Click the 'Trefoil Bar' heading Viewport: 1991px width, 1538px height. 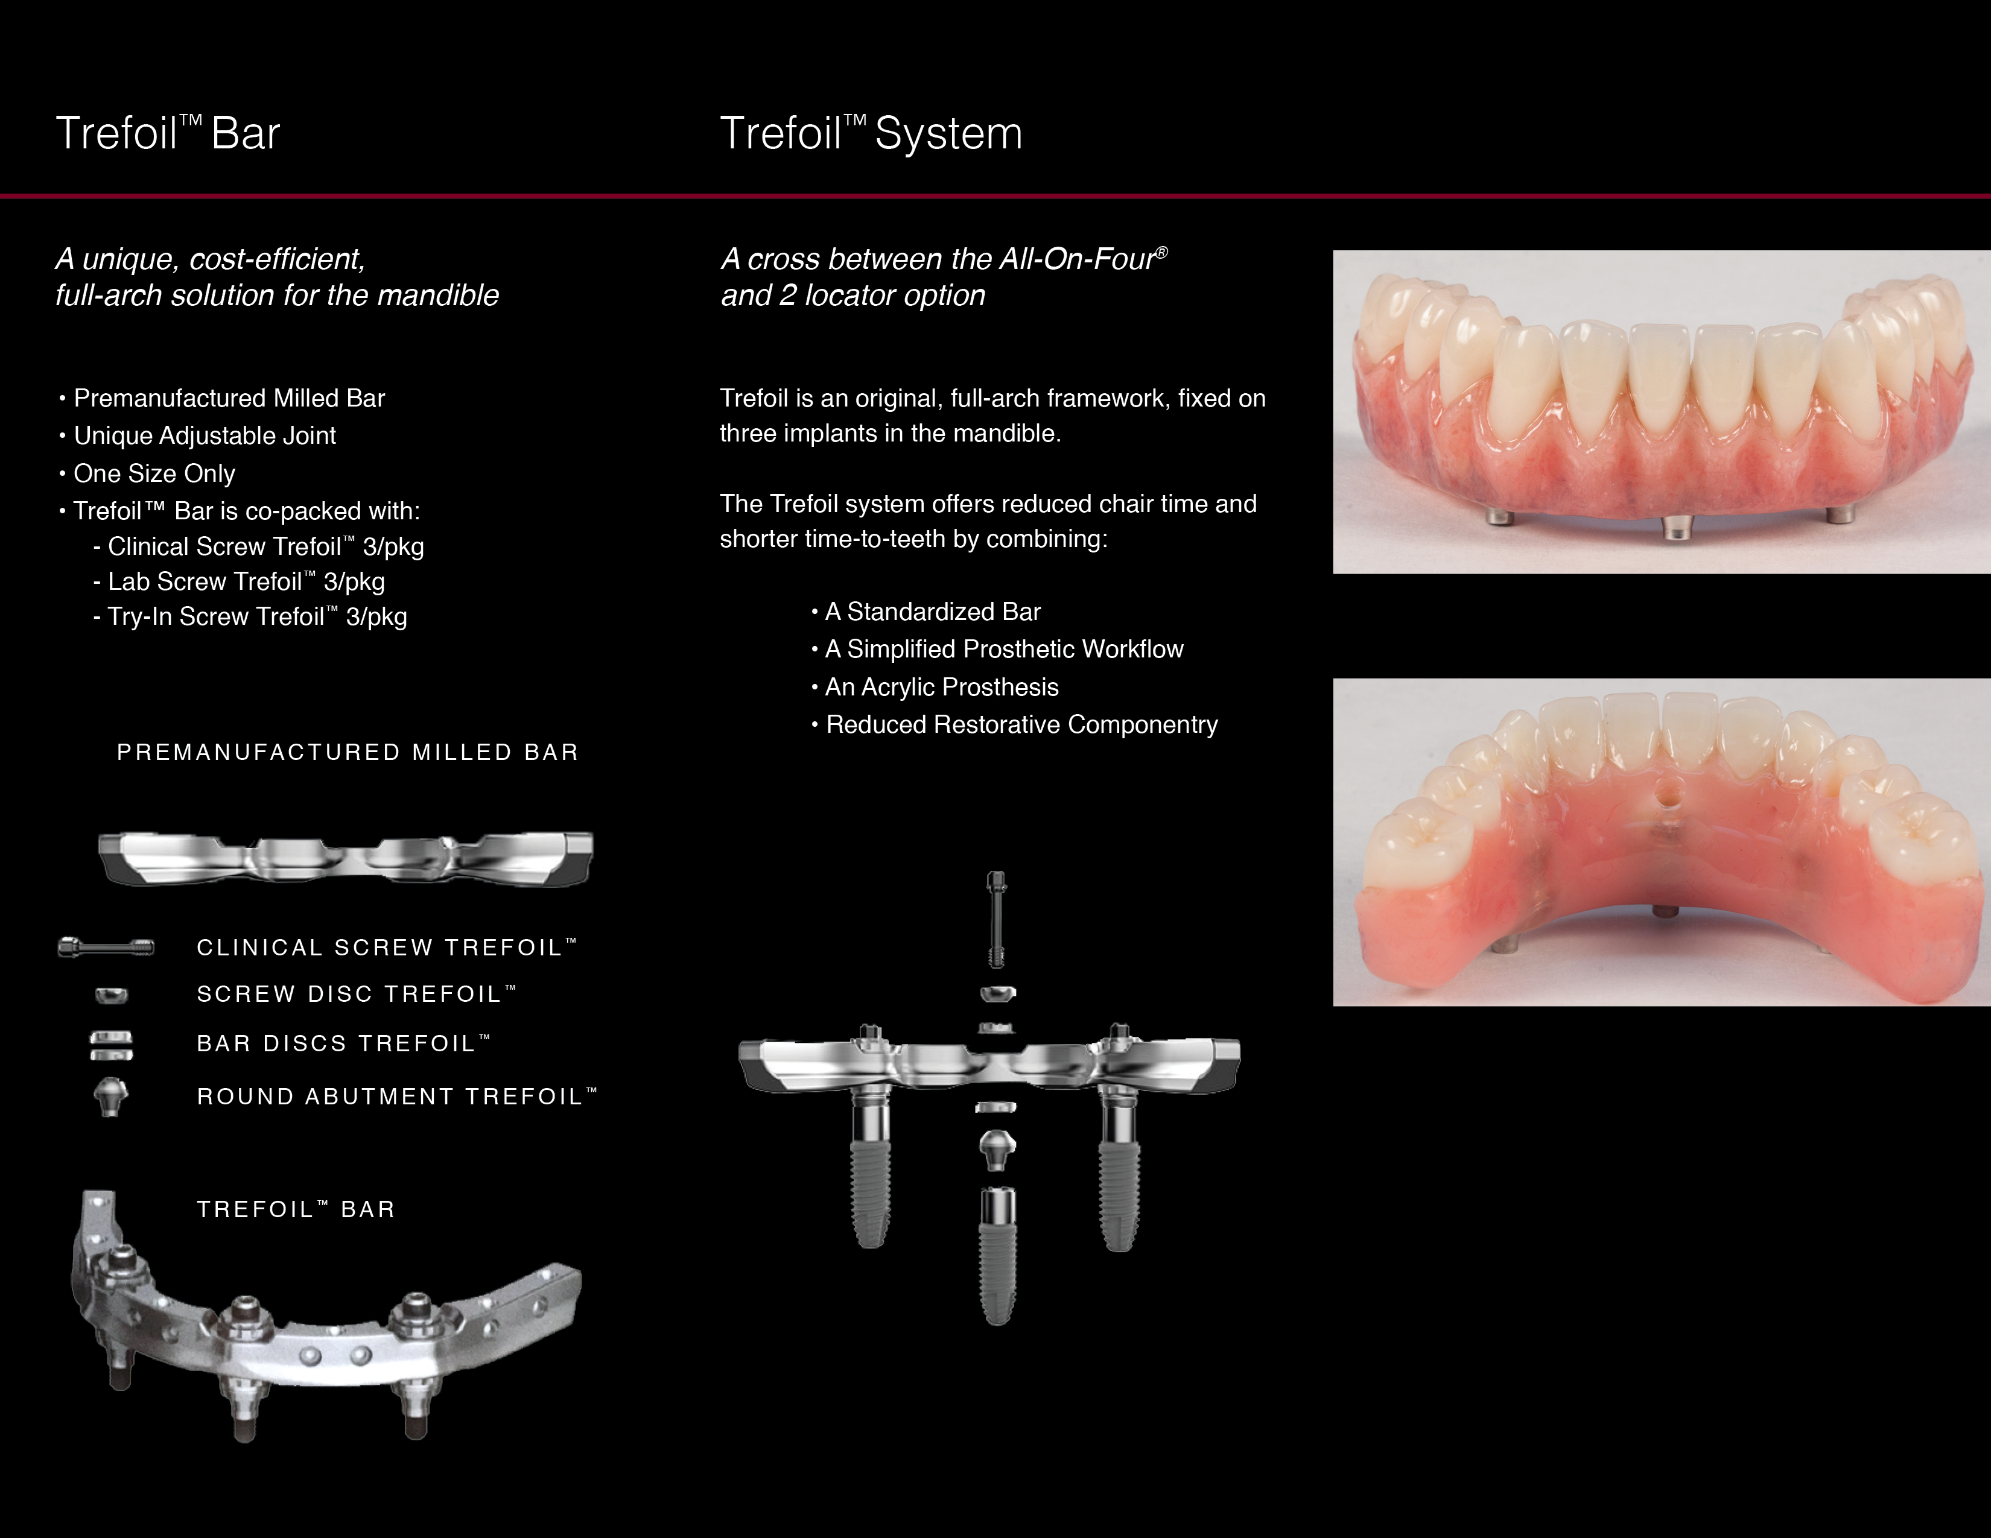click(168, 133)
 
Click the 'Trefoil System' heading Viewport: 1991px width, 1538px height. click(871, 134)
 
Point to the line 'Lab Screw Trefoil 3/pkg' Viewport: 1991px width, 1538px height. click(239, 581)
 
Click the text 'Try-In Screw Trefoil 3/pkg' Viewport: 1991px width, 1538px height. click(250, 617)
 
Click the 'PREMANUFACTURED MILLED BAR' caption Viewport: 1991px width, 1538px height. click(348, 753)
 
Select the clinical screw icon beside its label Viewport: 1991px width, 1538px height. click(106, 948)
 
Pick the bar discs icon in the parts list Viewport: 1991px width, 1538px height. click(111, 1045)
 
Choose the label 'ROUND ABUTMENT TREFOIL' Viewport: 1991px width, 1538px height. click(396, 1096)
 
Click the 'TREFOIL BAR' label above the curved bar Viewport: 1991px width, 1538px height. click(296, 1209)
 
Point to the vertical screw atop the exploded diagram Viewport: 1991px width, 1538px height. click(997, 919)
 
